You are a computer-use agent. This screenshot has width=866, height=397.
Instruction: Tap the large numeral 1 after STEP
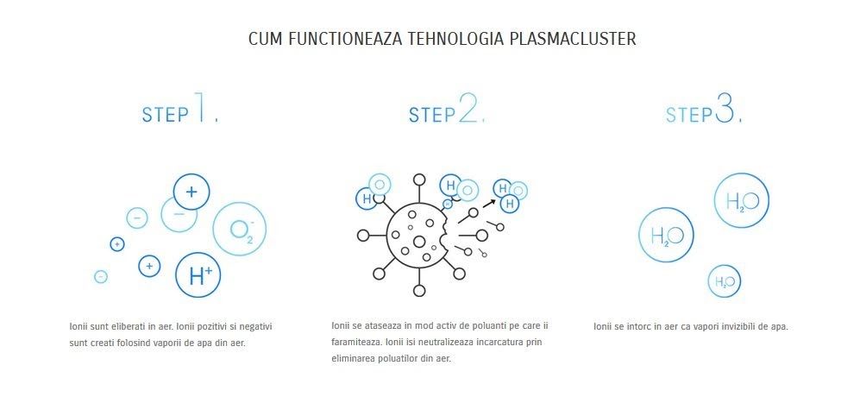coord(200,106)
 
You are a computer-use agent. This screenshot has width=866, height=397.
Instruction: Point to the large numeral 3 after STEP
coord(725,107)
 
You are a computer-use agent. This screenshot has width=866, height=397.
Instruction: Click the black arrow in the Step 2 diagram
coord(489,204)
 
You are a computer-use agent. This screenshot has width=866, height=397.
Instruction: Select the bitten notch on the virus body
coord(444,233)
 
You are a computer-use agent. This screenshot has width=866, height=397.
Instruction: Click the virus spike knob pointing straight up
coord(419,180)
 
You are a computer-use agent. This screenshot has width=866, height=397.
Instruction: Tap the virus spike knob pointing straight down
coord(419,290)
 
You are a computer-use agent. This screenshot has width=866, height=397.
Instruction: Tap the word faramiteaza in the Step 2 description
coord(355,343)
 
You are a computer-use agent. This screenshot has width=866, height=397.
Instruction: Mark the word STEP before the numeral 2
coord(432,115)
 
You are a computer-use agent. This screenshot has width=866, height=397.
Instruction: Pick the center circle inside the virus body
coord(419,242)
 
